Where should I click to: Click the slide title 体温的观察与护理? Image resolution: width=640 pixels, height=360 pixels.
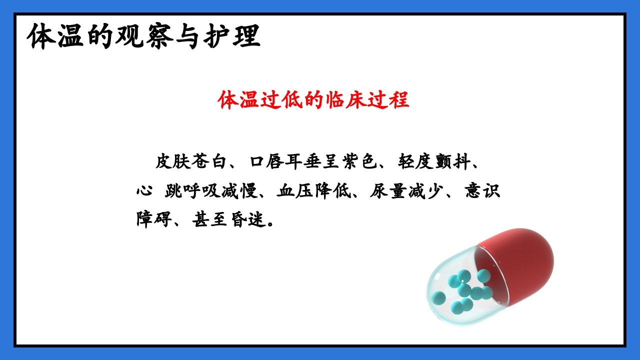click(x=144, y=36)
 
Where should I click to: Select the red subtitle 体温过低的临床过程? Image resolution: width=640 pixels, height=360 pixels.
click(x=313, y=100)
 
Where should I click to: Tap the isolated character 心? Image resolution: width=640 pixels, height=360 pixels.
click(x=144, y=191)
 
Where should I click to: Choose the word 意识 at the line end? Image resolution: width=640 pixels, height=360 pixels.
click(x=482, y=191)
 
